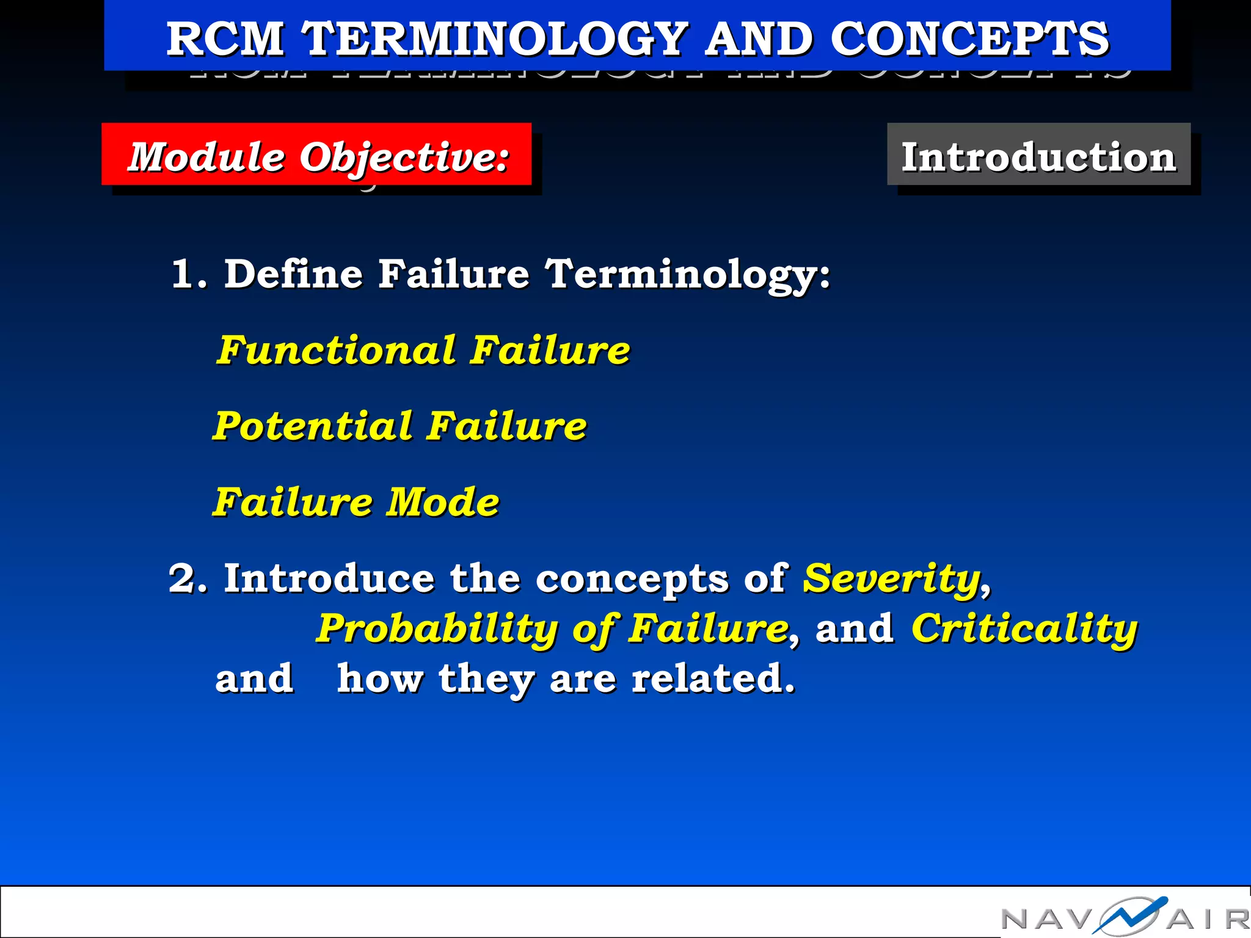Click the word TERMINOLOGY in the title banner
click(x=496, y=38)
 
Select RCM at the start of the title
click(x=225, y=38)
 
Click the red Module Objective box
click(x=316, y=155)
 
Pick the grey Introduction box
click(x=1038, y=155)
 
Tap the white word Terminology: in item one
click(x=688, y=275)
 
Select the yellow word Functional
click(x=337, y=350)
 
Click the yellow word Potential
click(x=313, y=426)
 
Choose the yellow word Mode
click(x=443, y=502)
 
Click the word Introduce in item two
click(x=329, y=578)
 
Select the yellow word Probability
click(x=437, y=629)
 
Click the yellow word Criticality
click(x=1024, y=629)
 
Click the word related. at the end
click(x=713, y=678)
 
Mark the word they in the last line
click(x=486, y=680)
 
